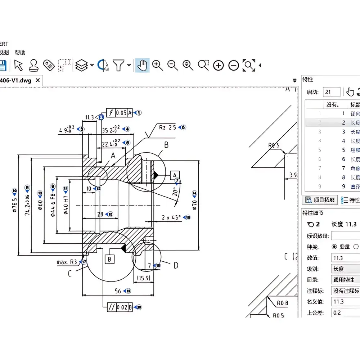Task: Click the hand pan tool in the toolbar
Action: click(x=143, y=65)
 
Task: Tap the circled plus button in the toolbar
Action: click(x=219, y=65)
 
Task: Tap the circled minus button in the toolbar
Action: click(x=234, y=65)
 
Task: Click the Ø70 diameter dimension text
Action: click(x=195, y=205)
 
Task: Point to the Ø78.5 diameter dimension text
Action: click(x=15, y=205)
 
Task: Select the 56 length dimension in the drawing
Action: click(x=118, y=291)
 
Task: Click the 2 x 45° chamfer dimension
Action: click(x=171, y=217)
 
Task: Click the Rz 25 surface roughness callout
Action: click(x=167, y=127)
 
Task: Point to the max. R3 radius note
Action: click(x=67, y=262)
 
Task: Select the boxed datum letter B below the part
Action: click(x=109, y=259)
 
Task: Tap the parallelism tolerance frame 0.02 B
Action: click(x=120, y=307)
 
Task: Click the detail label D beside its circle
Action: click(x=176, y=265)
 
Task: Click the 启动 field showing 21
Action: click(x=331, y=92)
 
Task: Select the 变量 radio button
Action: click(x=334, y=247)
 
